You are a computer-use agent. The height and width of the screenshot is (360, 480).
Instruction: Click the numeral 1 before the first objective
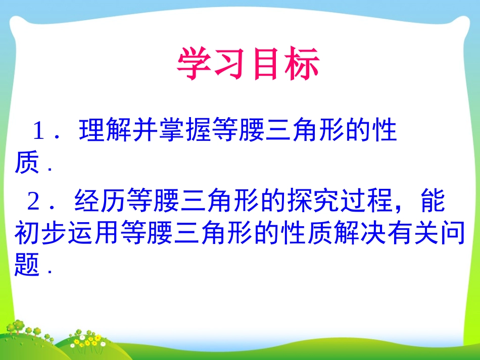39,133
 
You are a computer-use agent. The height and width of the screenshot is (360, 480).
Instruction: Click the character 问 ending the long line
452,233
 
